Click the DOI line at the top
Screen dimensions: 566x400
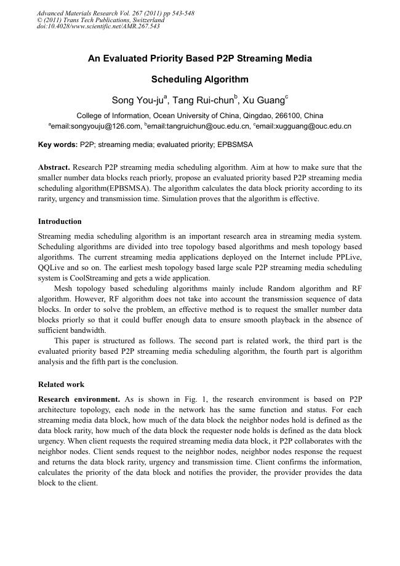coord(98,26)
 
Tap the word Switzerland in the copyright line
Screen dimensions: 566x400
coord(143,20)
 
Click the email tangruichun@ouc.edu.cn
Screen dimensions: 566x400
coord(199,126)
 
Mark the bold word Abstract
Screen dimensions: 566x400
coord(54,167)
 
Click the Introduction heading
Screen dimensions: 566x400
coord(60,221)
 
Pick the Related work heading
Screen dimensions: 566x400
coord(61,385)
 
